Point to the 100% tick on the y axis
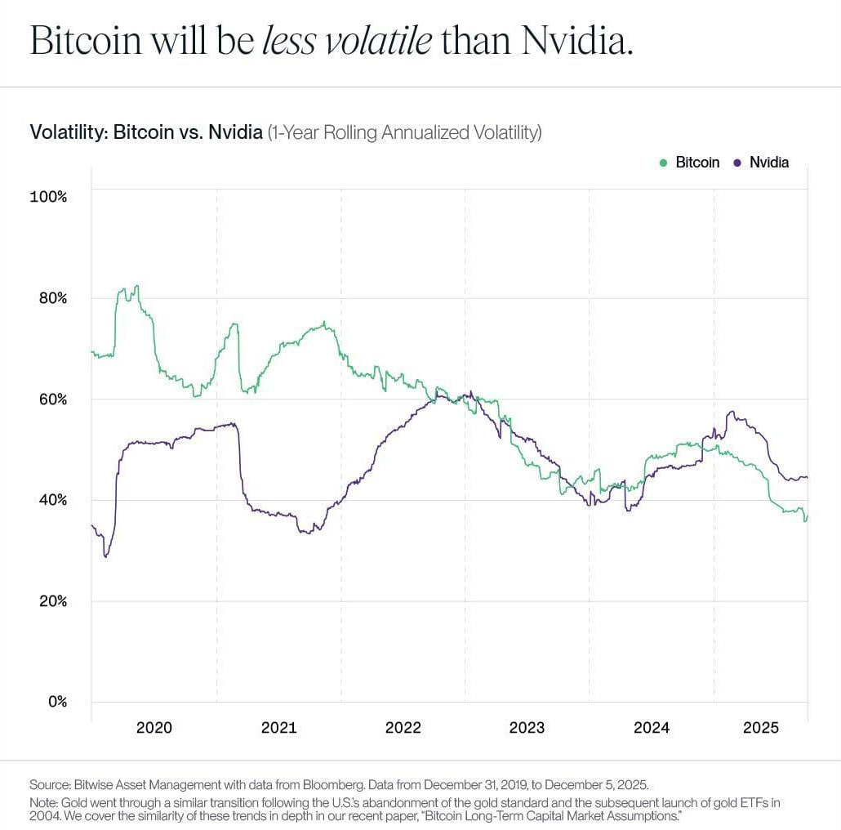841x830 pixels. [x=49, y=197]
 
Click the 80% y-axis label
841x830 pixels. [x=52, y=298]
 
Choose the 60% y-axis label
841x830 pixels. [x=52, y=399]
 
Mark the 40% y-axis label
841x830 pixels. [x=52, y=500]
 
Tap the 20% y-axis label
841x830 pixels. [x=52, y=601]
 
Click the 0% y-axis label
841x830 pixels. [x=56, y=702]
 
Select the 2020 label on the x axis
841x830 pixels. [x=154, y=727]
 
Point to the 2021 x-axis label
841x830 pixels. [x=278, y=727]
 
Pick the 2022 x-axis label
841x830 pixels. [x=403, y=727]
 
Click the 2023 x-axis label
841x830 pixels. [x=527, y=727]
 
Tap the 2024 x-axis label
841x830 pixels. [x=651, y=727]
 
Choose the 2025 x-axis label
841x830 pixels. [x=760, y=727]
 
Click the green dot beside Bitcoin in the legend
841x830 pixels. [x=663, y=163]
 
